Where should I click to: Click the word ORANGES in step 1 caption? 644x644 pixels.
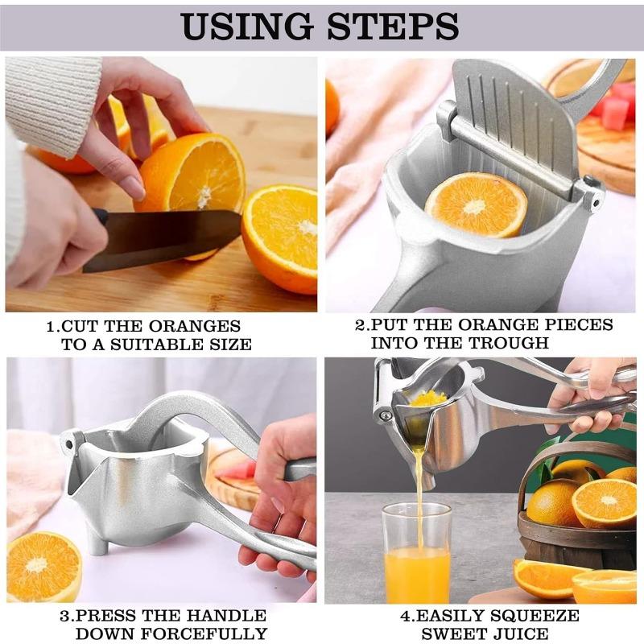point(196,326)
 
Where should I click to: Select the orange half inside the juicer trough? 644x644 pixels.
point(476,204)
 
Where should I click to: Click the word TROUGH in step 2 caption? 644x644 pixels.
point(511,343)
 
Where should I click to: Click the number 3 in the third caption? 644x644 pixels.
point(64,617)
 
